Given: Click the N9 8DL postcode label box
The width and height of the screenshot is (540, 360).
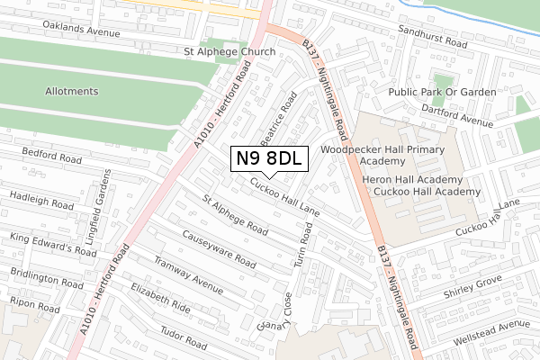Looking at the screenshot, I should click(270, 159).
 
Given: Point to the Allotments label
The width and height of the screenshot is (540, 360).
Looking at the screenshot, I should click(73, 92).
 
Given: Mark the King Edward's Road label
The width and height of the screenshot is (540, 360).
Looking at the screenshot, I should click(53, 246).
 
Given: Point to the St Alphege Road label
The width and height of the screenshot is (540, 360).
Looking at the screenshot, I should click(234, 216).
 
